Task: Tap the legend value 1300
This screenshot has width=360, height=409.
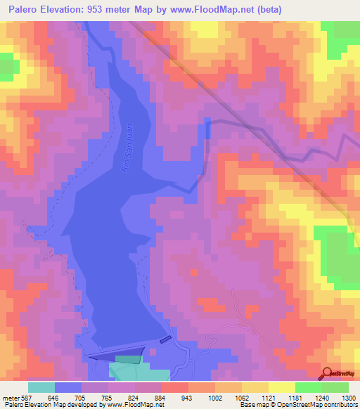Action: click(x=349, y=397)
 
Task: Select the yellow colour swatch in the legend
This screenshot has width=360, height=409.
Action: click(x=281, y=387)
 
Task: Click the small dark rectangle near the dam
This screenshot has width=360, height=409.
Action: click(x=165, y=340)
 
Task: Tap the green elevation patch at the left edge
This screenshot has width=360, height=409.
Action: click(x=8, y=65)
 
